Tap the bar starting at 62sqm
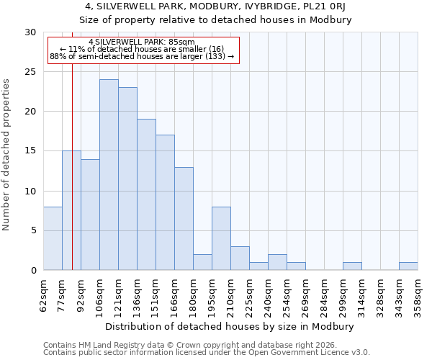(53, 238)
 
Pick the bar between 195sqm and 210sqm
(221, 238)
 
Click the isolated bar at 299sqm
(352, 266)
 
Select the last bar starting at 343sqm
(408, 266)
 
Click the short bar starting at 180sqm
(202, 262)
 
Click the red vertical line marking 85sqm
(73, 180)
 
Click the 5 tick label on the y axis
(33, 230)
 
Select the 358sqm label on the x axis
(418, 295)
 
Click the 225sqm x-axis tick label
(249, 295)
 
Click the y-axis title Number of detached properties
(6, 155)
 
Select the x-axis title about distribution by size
(234, 326)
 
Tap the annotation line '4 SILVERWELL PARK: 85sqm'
(142, 42)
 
